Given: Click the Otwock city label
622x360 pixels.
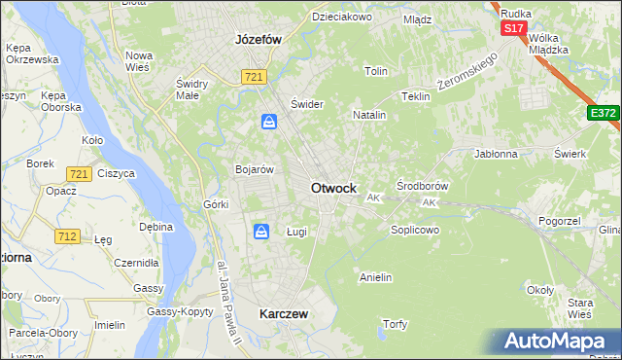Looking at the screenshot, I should pyautogui.click(x=332, y=188).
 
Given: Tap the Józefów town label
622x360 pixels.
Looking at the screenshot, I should pyautogui.click(x=259, y=40).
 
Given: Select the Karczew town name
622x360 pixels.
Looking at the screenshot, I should pyautogui.click(x=284, y=314).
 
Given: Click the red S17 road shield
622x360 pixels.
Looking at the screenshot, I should pyautogui.click(x=513, y=28).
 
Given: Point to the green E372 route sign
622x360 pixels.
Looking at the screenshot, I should pyautogui.click(x=603, y=114).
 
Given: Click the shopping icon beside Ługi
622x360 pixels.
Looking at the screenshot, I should pyautogui.click(x=261, y=232).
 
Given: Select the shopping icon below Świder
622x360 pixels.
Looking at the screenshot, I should pyautogui.click(x=269, y=122).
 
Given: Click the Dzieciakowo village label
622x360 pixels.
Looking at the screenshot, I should pyautogui.click(x=341, y=17).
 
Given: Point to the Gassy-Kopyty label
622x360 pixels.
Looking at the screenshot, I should pyautogui.click(x=180, y=311).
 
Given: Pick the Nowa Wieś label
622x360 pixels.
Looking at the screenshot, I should pyautogui.click(x=139, y=60).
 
